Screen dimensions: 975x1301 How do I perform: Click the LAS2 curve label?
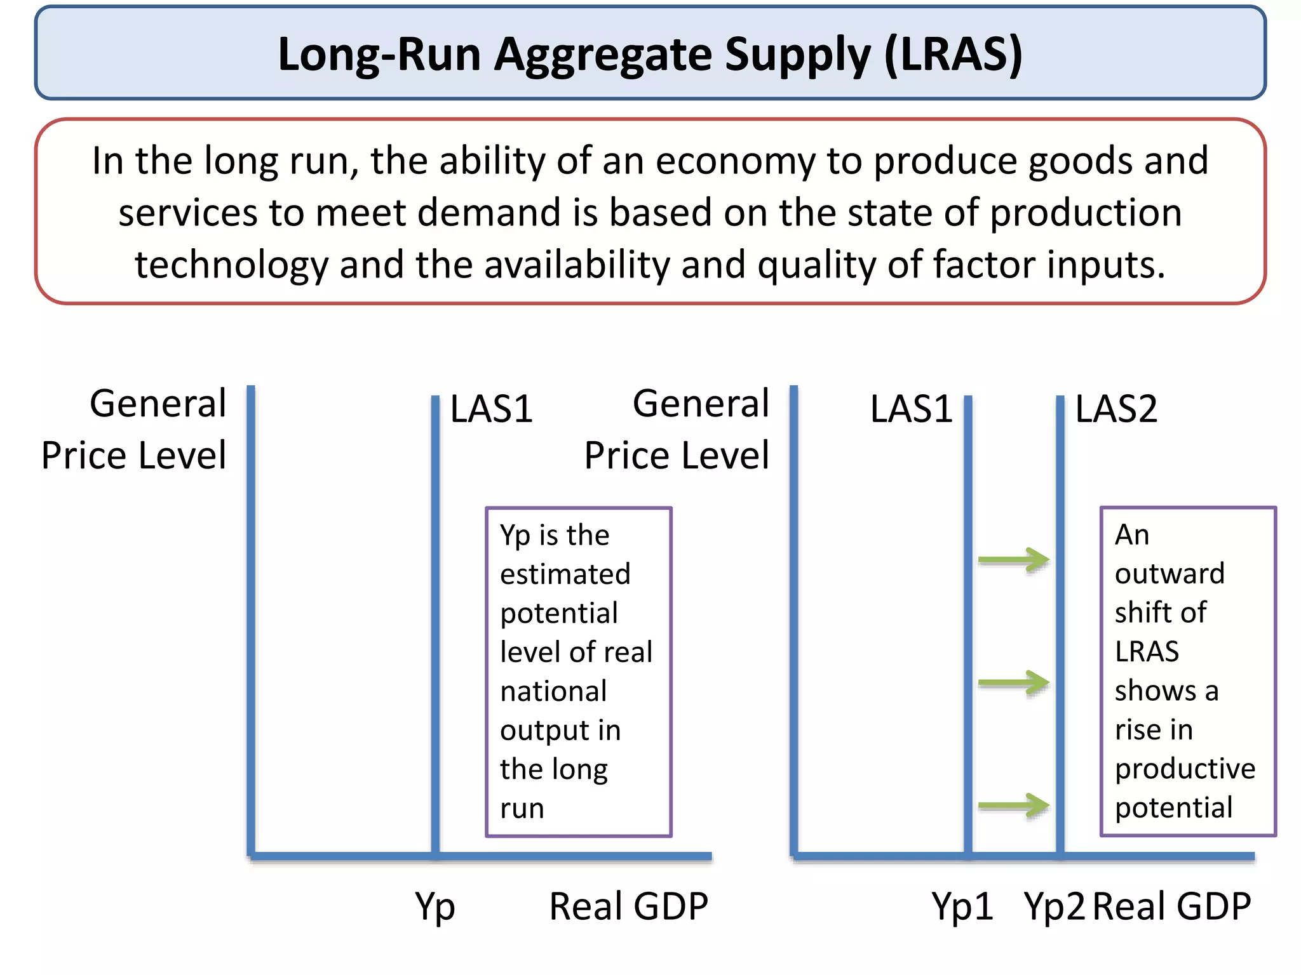click(1116, 409)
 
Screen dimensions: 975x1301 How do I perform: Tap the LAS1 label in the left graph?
click(491, 409)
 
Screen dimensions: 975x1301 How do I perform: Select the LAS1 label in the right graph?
click(911, 409)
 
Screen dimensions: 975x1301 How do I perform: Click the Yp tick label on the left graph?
click(435, 906)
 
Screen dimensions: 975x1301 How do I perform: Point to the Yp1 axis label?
click(962, 906)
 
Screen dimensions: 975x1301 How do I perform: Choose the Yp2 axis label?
click(1055, 906)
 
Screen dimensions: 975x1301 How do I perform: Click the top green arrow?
click(1014, 560)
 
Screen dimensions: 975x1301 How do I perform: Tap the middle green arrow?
click(1014, 683)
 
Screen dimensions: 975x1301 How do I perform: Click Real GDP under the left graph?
click(628, 906)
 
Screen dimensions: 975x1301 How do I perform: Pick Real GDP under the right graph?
click(1172, 906)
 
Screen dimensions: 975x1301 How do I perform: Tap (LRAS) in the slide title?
click(953, 55)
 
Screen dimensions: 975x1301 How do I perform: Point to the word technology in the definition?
click(231, 265)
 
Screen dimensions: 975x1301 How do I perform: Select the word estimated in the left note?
click(565, 574)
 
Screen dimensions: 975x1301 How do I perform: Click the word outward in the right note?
click(1170, 574)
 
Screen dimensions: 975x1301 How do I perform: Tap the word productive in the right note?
click(1185, 769)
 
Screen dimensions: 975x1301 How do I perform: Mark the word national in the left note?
click(553, 691)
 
